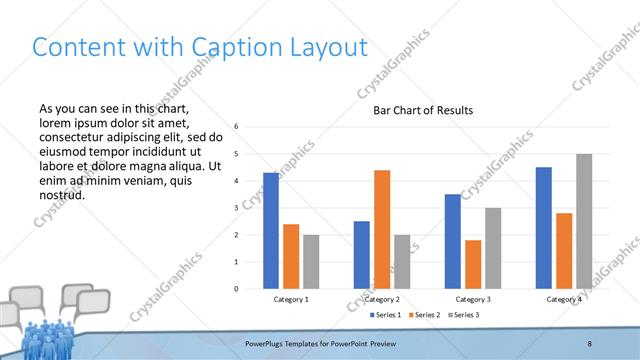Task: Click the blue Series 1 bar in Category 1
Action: tap(271, 231)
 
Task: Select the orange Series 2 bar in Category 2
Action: tap(382, 229)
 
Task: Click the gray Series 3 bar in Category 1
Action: tap(311, 262)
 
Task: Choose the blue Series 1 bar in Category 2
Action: tap(362, 255)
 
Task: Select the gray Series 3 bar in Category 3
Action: tap(493, 248)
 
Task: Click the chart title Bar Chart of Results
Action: tap(423, 110)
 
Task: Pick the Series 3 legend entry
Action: tap(463, 315)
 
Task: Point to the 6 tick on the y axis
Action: tap(236, 127)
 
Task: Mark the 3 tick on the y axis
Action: tap(236, 208)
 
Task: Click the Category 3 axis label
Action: tap(473, 299)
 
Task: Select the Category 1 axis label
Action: tap(291, 299)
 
